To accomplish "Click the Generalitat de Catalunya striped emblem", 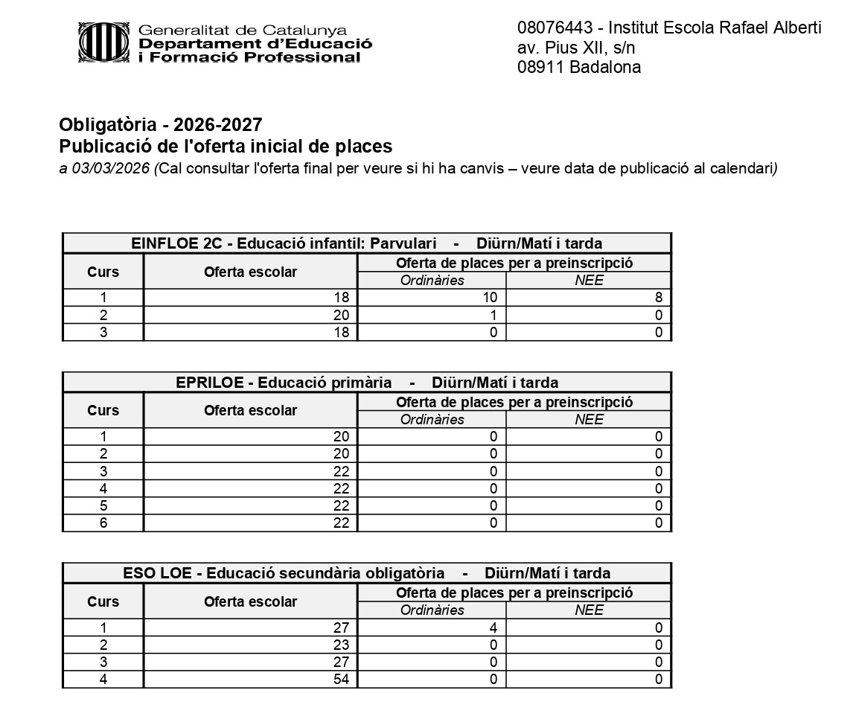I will [105, 42].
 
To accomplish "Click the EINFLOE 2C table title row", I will [366, 243].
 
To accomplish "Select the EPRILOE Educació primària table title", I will [366, 383].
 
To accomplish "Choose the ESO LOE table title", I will [366, 573].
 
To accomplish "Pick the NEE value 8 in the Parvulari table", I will [659, 298].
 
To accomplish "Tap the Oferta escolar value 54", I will [341, 680].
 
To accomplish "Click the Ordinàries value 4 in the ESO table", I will [493, 628].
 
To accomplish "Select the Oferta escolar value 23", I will [341, 645].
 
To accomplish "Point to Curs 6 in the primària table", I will [103, 523].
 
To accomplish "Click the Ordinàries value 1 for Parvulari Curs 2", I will [493, 315].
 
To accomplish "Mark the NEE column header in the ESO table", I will [589, 610].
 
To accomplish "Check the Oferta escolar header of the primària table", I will [250, 410].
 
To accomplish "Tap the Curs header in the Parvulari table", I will [103, 272].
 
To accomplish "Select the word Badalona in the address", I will [605, 67].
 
